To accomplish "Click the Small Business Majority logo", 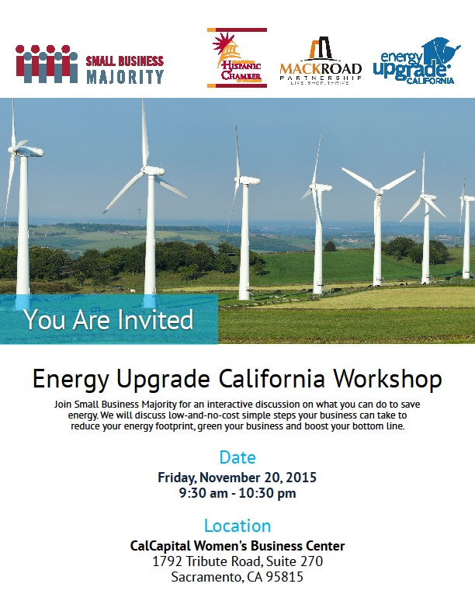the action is coord(90,64).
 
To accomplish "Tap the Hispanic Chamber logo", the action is coord(237,57).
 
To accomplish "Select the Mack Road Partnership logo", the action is coord(321,61).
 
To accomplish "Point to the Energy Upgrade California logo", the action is coord(416,61).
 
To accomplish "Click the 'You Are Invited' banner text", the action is coord(109,319).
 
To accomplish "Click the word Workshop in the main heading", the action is coord(387,379).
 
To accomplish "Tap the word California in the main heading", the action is coord(272,379).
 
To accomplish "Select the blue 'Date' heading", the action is coord(237,457).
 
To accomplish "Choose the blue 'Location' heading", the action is coord(237,526).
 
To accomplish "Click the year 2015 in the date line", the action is coord(301,478).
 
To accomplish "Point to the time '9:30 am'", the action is coord(203,493).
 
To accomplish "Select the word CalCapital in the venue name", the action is coord(161,546).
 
